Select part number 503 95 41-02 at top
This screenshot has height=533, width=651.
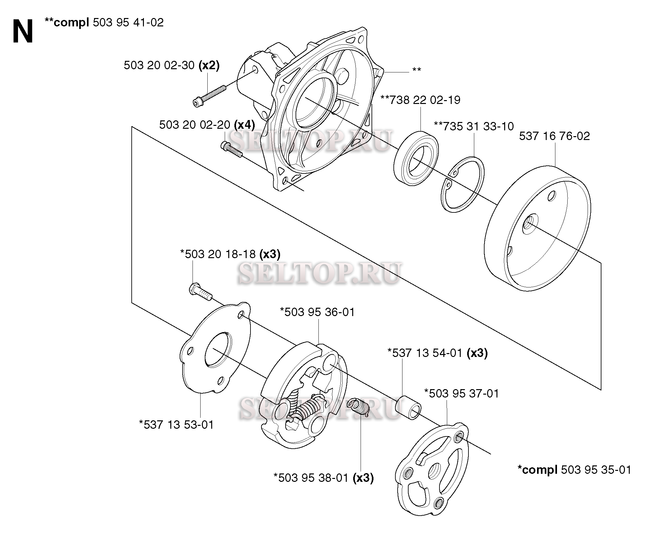128,23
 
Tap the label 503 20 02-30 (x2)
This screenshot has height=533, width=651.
171,65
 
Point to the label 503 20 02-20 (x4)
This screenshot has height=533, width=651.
207,125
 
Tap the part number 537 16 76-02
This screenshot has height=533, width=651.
554,136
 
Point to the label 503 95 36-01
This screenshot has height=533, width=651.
317,312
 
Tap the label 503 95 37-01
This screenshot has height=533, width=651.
461,393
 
